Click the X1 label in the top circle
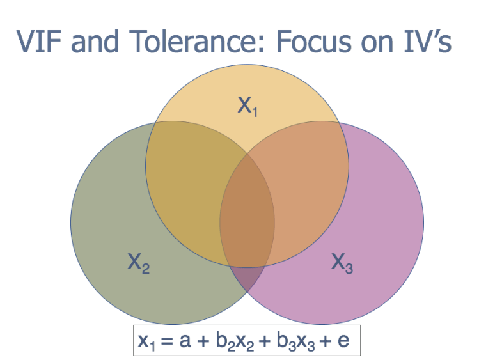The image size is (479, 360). click(x=247, y=106)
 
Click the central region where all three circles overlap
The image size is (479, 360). click(x=248, y=211)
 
